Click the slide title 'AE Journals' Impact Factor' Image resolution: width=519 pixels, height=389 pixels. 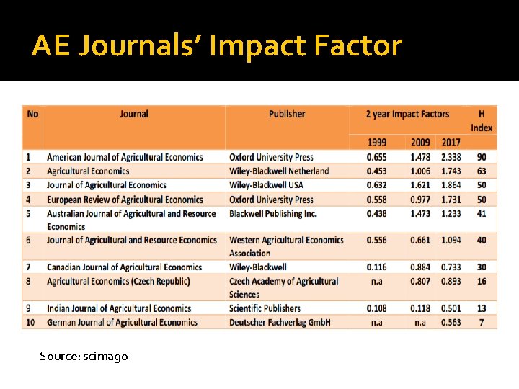pos(216,46)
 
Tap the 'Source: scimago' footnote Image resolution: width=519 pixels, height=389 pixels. pos(84,356)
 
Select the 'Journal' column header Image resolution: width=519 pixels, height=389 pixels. pos(134,114)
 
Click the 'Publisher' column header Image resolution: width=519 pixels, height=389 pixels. pos(287,114)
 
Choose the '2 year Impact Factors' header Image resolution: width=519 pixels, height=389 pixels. pos(407,114)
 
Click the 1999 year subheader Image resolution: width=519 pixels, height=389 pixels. pos(376,142)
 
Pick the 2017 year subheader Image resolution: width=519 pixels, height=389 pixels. pos(451,142)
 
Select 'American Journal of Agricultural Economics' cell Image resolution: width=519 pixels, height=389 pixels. pos(125,157)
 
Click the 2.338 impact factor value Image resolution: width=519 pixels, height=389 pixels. pos(451,157)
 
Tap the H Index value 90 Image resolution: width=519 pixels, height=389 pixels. pos(482,157)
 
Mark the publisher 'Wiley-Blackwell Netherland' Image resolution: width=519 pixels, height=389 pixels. pos(279,171)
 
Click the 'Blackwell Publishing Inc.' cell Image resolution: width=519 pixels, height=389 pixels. pos(273,213)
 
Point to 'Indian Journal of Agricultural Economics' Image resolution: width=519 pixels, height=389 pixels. pos(119,308)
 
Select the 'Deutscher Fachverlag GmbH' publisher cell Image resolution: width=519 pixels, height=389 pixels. pos(280,322)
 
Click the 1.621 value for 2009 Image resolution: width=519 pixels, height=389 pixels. pos(420,185)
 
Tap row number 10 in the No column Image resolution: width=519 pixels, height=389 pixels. pos(30,322)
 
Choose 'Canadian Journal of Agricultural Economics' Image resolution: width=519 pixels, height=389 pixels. pos(125,267)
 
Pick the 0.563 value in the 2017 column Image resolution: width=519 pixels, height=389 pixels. pos(451,322)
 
